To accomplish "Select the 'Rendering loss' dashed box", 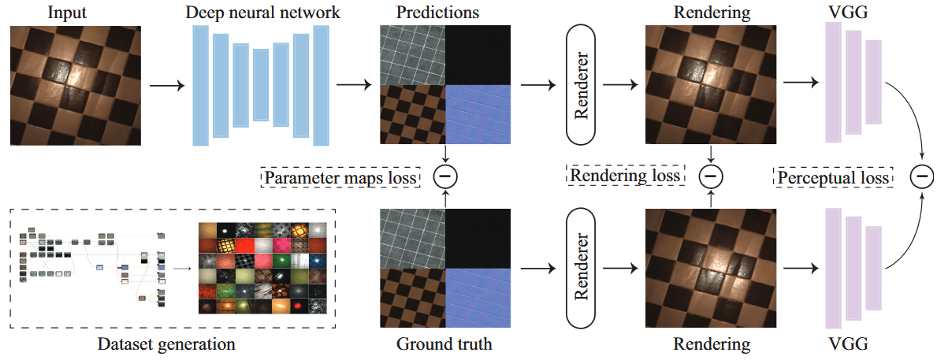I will [x=626, y=175].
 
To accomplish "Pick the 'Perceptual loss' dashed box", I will [x=834, y=176].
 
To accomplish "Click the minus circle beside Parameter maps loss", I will [x=446, y=176].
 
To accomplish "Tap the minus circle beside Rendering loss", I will [x=711, y=176].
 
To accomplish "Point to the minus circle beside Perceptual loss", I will [x=921, y=176].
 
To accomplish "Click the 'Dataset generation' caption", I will [x=166, y=344].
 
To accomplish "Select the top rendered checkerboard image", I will [x=711, y=85].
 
